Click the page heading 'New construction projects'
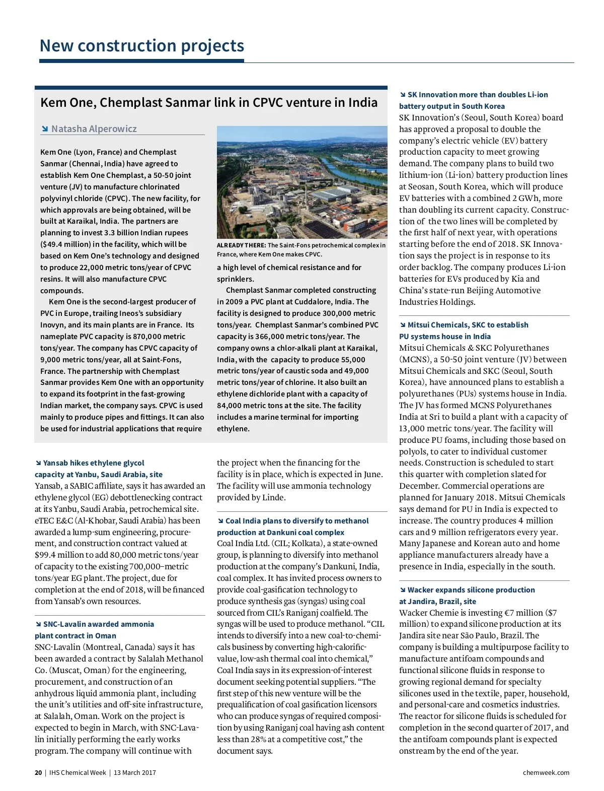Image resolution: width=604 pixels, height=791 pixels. click(141, 46)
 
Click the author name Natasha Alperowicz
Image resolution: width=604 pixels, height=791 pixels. click(94, 129)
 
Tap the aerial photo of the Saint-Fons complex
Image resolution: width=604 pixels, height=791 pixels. click(302, 182)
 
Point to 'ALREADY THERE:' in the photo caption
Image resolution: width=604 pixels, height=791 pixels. click(241, 245)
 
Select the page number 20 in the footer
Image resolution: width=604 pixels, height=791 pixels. click(38, 772)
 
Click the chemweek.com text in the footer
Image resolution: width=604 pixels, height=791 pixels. click(546, 772)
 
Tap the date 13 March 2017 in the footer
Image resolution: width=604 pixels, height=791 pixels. click(135, 772)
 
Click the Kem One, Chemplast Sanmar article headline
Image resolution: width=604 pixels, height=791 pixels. click(208, 103)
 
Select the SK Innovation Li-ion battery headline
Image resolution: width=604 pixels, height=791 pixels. click(473, 100)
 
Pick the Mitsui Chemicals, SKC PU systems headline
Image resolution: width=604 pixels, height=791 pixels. click(464, 331)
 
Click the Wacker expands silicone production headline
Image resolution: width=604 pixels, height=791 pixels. click(467, 596)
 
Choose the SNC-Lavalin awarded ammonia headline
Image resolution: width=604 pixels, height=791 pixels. click(94, 630)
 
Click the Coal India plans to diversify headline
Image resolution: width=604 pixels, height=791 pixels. click(292, 526)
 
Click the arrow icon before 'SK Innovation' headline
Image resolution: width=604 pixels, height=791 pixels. click(403, 95)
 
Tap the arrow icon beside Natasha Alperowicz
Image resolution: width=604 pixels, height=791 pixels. click(45, 129)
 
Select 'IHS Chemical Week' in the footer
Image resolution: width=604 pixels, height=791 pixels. click(78, 772)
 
